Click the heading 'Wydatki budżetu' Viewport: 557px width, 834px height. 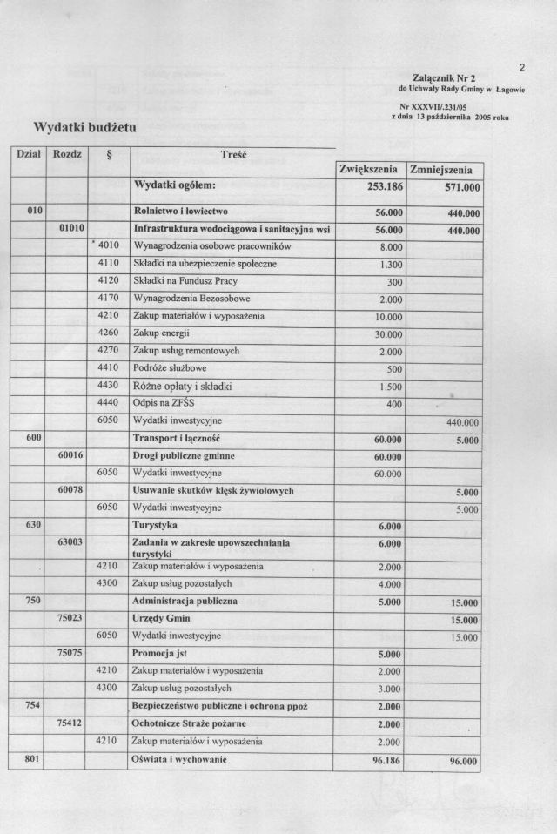point(84,128)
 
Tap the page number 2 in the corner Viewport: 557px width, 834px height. point(521,67)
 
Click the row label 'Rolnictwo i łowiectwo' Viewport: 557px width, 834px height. point(180,211)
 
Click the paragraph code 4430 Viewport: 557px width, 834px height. point(109,386)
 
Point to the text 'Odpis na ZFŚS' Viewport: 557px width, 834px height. point(163,404)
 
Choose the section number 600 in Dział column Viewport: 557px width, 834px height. point(23,438)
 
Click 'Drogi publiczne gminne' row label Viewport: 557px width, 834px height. point(183,455)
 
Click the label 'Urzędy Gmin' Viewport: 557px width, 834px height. point(160,619)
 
